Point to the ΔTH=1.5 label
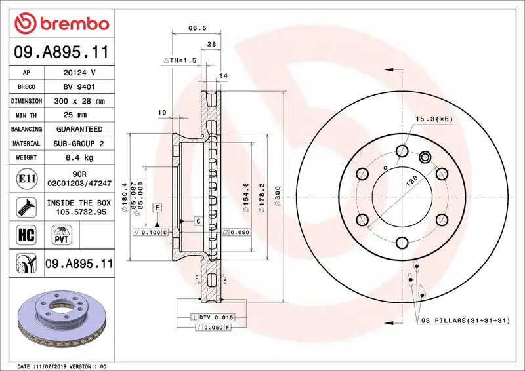(x=180, y=60)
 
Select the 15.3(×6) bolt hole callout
(x=434, y=119)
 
